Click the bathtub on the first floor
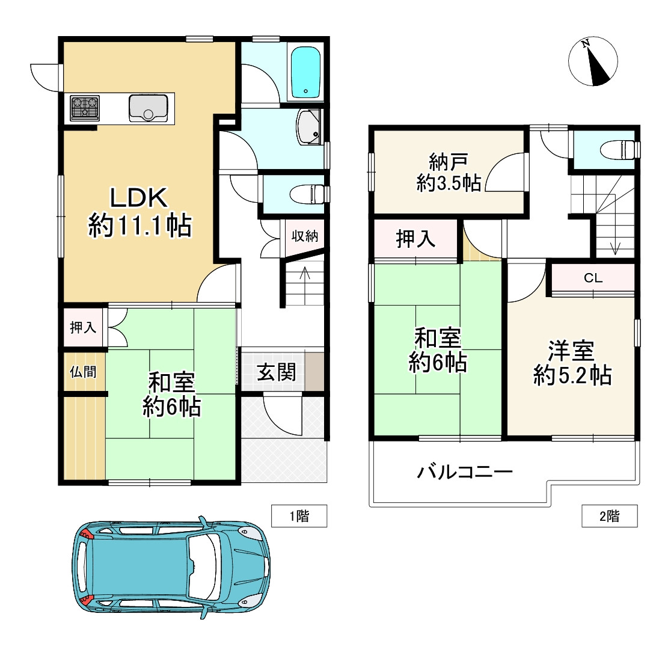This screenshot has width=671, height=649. point(305,73)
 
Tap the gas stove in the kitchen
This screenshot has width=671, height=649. point(85,108)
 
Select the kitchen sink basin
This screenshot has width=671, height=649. point(148,108)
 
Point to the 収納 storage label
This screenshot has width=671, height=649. point(305,235)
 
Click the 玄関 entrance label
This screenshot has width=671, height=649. point(277,372)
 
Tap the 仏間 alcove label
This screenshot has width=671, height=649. point(83,372)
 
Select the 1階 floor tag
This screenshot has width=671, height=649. point(299,516)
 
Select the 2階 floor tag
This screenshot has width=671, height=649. point(610,516)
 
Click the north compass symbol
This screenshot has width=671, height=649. point(593,61)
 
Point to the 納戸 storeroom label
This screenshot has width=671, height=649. point(449,162)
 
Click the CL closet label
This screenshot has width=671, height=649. point(593,278)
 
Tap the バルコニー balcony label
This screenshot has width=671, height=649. point(465,472)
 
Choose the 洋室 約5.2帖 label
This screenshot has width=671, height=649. point(572,363)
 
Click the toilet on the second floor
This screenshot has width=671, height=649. point(619,150)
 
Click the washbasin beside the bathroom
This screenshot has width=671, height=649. point(308,127)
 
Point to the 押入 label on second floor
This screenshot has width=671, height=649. point(415,238)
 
